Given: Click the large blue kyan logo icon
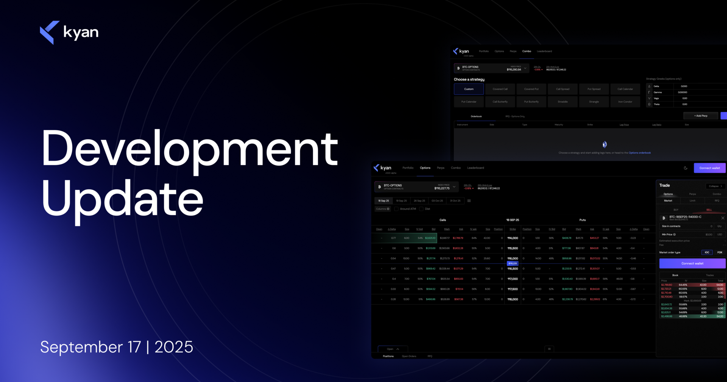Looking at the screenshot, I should tap(50, 32).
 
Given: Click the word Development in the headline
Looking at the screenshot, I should tap(189, 149).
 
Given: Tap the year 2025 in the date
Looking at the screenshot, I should tap(174, 347).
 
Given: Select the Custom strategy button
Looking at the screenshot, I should tap(469, 89).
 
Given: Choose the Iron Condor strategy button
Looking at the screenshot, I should tap(625, 102).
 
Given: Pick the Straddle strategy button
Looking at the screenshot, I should tap(563, 102).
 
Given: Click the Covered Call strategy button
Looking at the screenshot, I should tap(500, 89).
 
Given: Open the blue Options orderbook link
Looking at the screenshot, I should tap(640, 153).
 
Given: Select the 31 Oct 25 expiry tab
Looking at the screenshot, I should tap(455, 201).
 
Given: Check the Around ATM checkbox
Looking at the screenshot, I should tap(396, 209).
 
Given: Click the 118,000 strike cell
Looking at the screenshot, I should tap(513, 299).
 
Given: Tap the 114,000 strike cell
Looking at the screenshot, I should tap(513, 238).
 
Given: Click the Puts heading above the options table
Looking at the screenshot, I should tap(582, 220).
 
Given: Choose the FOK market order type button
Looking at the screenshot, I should tap(719, 252).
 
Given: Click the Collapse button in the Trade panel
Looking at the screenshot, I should tap(715, 186).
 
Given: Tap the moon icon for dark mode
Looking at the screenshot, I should tap(685, 168).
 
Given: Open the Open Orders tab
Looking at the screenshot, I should tap(409, 356).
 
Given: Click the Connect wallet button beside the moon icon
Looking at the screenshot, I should tap(710, 168).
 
